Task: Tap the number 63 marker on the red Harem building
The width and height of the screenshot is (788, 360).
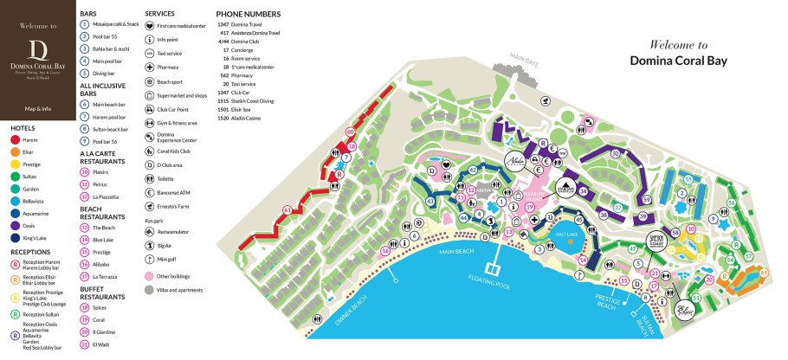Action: (x=287, y=209)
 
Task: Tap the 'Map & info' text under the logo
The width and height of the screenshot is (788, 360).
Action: (x=37, y=109)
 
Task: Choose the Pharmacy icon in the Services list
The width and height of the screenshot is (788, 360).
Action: (x=150, y=67)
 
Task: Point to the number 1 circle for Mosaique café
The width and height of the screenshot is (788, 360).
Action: (x=85, y=25)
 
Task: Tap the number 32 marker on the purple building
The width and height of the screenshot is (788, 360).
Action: (x=615, y=153)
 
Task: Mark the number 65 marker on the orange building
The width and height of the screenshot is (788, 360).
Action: (x=763, y=273)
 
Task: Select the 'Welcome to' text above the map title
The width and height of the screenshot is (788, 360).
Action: (x=678, y=45)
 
